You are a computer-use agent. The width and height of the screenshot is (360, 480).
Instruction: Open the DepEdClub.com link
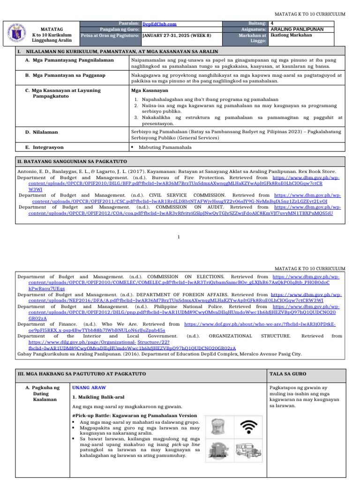point(159,24)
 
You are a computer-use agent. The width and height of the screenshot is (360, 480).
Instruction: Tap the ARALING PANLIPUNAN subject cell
point(297,29)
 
